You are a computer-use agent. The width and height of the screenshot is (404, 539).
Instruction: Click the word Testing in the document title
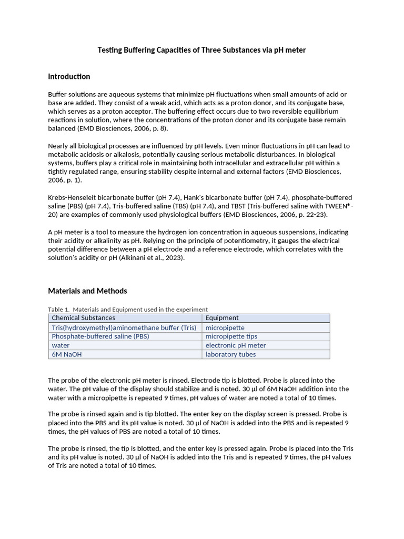pos(110,50)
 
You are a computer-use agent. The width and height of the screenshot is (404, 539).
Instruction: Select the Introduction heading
pos(69,77)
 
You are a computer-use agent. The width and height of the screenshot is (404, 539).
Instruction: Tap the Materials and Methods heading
pos(87,291)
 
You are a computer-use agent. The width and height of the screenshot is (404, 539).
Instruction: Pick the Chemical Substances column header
pos(83,318)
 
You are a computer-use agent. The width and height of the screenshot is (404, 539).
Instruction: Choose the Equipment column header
pos(222,318)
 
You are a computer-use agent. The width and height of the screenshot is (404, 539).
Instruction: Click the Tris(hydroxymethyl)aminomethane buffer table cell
pos(124,328)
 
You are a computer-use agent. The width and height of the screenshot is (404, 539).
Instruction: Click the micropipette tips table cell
pos(231,336)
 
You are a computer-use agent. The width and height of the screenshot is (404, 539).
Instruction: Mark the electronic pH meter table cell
pos(236,345)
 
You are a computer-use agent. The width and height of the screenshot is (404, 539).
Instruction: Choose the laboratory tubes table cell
pos(230,354)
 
